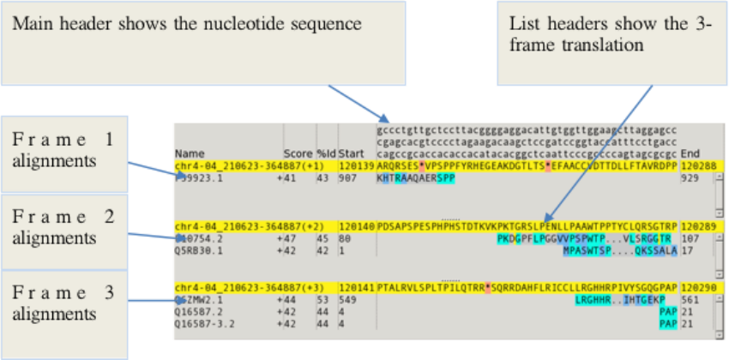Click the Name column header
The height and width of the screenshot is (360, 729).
tap(187, 153)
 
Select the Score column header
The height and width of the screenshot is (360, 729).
tap(298, 153)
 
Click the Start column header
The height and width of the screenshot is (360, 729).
tap(351, 153)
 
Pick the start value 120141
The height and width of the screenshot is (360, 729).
tap(355, 287)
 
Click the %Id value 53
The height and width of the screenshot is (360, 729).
tap(323, 299)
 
